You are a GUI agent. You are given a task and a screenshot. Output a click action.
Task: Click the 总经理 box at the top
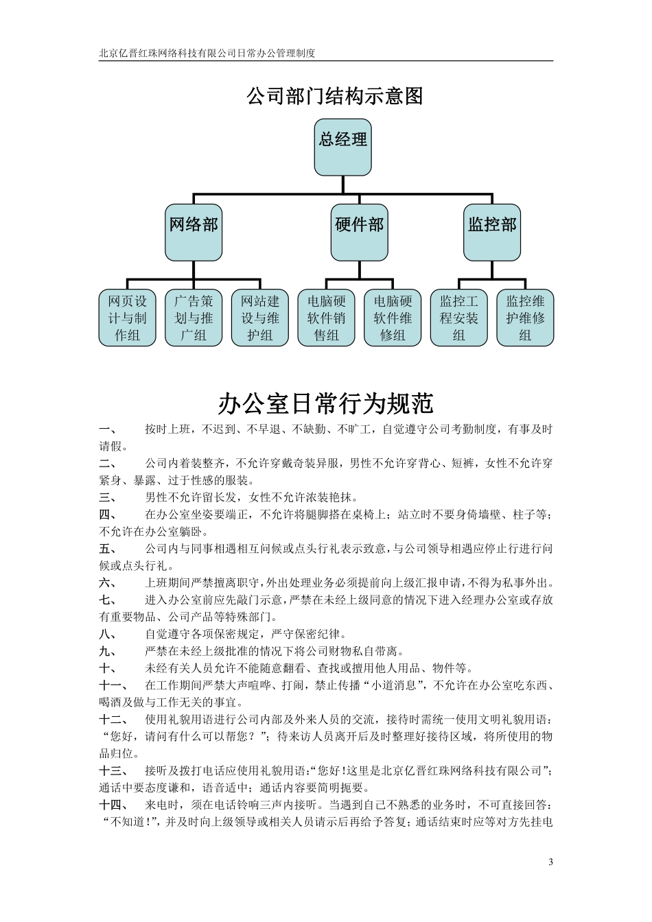[x=342, y=147]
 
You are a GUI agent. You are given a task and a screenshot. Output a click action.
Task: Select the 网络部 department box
[x=194, y=232]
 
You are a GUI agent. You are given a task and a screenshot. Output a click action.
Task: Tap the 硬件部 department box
[x=359, y=232]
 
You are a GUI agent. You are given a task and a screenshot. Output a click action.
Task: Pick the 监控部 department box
[x=491, y=232]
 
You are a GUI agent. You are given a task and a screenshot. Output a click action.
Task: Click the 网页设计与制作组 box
[x=127, y=318]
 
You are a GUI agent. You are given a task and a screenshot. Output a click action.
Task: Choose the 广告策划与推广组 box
[x=194, y=318]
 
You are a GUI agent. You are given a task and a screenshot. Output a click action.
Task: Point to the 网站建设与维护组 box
[x=259, y=318]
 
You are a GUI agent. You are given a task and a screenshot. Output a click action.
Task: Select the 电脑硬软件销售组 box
[x=326, y=318]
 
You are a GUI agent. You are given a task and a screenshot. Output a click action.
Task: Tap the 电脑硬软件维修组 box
[x=393, y=318]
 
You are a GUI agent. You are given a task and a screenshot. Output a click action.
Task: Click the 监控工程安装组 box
[x=458, y=318]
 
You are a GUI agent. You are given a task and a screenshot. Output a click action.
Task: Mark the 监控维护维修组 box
[x=525, y=318]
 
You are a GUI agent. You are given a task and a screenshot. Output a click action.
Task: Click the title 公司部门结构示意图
[x=334, y=95]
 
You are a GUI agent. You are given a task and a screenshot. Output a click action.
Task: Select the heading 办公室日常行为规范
[x=326, y=403]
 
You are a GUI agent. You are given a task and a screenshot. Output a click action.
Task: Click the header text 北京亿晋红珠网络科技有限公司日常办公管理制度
[x=207, y=53]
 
